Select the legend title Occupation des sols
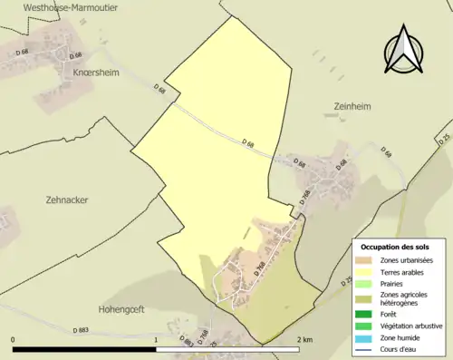coord(395,247)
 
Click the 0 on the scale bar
coord(14,340)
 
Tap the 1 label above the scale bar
coord(157,340)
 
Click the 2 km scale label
coord(304,340)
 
